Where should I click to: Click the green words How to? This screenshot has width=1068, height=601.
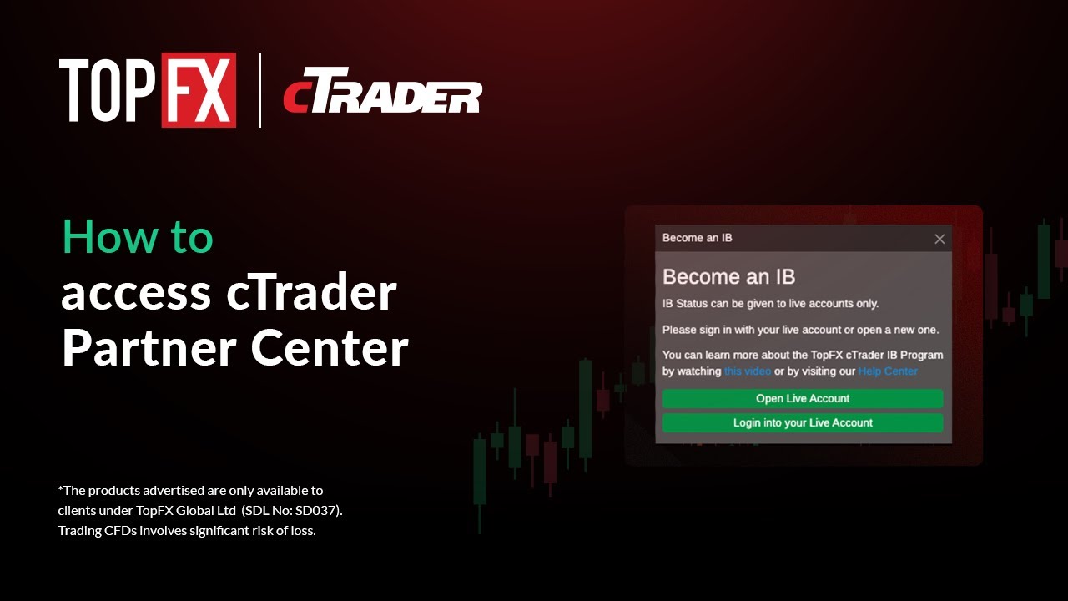click(x=138, y=238)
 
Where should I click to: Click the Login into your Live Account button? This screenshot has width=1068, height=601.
click(x=803, y=423)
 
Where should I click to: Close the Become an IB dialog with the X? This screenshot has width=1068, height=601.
click(x=940, y=239)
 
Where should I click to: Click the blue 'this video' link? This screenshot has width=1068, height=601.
click(x=747, y=371)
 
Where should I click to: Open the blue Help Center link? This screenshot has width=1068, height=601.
click(x=888, y=371)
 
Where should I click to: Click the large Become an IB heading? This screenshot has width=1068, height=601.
click(x=728, y=277)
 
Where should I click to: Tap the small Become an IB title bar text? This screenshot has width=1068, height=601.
click(x=697, y=238)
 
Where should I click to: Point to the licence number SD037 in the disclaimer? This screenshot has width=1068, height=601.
click(x=320, y=510)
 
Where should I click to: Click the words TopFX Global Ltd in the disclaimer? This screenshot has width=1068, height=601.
click(x=192, y=510)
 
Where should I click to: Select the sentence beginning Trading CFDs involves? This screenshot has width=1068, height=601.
click(x=187, y=531)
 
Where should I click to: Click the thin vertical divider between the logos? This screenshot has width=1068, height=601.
click(x=260, y=90)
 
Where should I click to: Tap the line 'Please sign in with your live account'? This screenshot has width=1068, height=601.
click(x=800, y=330)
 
